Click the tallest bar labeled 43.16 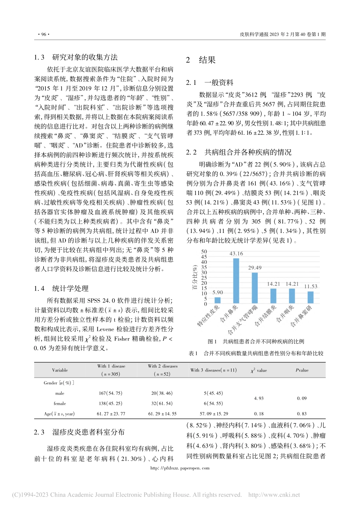236,281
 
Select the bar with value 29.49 255,288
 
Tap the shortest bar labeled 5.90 218,300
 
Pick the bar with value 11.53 310,297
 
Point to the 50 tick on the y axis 204,251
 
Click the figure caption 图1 212,341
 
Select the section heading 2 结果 201,60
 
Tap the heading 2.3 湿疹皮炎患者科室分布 79,432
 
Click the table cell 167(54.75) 110,393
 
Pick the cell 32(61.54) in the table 162,403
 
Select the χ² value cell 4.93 259,398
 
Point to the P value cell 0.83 302,414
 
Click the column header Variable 60,370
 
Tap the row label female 60,403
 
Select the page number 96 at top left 42,34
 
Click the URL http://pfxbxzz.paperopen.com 180,468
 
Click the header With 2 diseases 163,366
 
